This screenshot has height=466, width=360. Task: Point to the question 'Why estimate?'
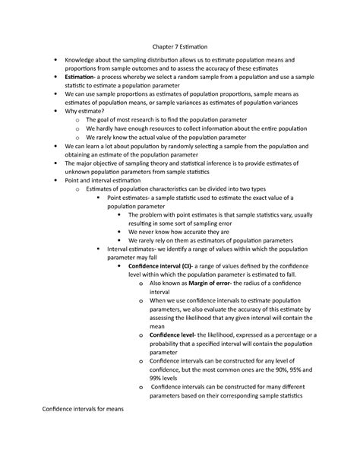(x=87, y=110)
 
